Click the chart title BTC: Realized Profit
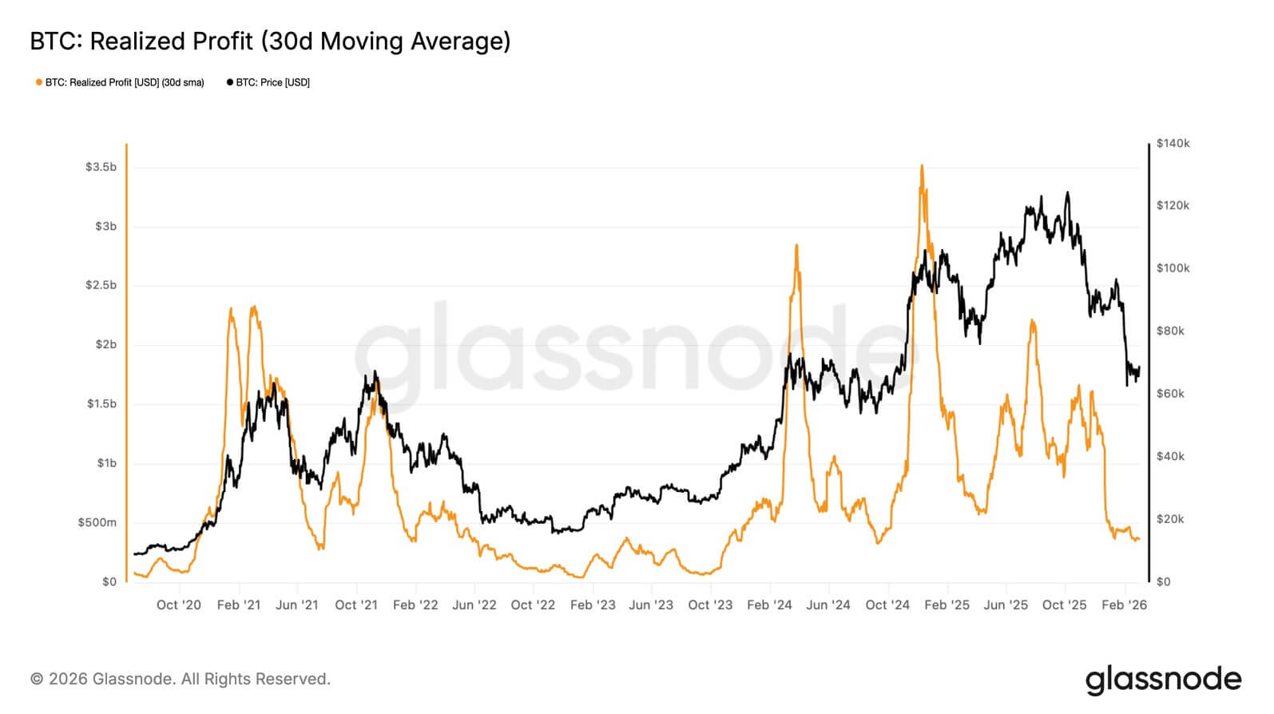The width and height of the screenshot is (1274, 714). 270,41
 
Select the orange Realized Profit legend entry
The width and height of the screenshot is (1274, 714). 120,82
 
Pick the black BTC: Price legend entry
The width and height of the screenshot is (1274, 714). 268,82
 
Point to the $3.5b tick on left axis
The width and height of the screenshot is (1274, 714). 101,167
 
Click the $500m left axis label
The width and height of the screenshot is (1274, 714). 97,522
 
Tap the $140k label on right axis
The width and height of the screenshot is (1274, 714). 1173,143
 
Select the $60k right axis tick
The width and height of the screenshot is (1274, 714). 1170,393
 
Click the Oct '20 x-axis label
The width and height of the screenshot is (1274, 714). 179,605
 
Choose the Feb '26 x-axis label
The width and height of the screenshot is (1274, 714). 1124,605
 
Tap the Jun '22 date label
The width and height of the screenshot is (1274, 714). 474,605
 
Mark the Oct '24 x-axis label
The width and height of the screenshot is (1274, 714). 887,605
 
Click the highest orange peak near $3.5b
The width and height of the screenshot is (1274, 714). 922,166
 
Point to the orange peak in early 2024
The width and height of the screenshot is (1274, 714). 796,246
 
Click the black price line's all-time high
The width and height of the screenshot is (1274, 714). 1067,192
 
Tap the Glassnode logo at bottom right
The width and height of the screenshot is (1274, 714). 1163,680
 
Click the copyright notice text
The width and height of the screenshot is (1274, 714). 181,679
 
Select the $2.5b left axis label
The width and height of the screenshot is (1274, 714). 101,285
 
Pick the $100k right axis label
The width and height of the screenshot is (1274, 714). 1173,268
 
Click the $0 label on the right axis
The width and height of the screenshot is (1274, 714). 1164,581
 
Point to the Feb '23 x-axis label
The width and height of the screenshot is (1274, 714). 593,605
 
